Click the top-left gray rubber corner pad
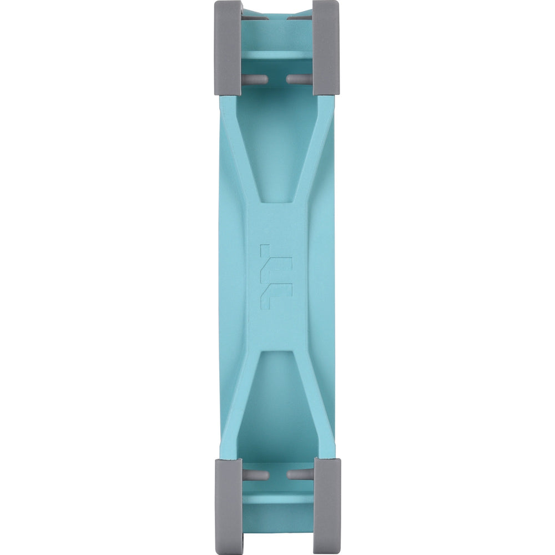228,47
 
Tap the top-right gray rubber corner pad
326,47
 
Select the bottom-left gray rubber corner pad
228,505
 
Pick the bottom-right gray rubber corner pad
326,505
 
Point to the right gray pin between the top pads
299,79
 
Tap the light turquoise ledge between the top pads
277,56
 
